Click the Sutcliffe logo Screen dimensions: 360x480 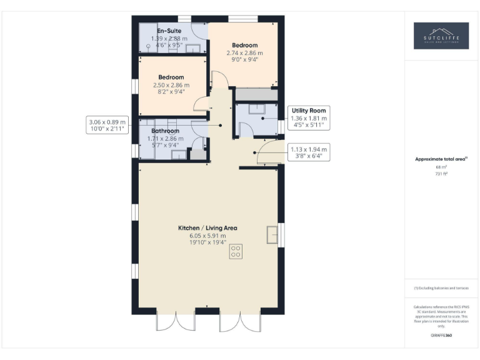point(441,36)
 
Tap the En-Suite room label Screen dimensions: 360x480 point(169,31)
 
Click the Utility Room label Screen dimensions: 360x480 point(309,111)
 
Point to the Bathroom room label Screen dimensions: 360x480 point(164,131)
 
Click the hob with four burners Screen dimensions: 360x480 point(236,252)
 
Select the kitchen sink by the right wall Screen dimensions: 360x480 point(272,233)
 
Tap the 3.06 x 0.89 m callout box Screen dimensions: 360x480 point(107,126)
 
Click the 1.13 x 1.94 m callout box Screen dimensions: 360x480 point(309,153)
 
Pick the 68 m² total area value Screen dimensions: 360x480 point(441,167)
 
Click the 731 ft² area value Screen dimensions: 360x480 point(441,174)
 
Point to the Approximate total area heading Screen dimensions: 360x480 point(441,159)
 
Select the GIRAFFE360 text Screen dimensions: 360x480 point(441,336)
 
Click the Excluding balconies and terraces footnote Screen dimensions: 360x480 point(441,288)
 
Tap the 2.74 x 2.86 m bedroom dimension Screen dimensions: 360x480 point(244,54)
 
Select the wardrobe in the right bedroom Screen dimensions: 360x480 point(256,94)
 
